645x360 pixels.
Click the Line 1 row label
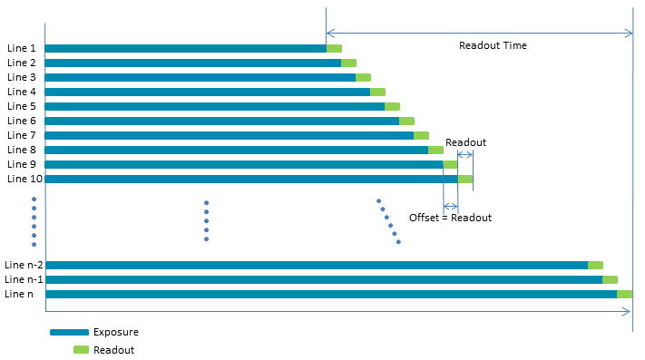tap(22, 48)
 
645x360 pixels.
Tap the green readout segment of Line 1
tap(334, 48)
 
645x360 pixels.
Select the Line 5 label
tap(22, 106)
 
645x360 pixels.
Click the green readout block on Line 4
tap(377, 92)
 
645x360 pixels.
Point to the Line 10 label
tap(24, 179)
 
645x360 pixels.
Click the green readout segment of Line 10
tap(465, 179)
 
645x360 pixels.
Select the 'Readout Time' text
tap(493, 45)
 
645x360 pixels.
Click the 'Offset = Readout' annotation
tap(450, 218)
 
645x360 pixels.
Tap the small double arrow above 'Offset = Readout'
tap(451, 207)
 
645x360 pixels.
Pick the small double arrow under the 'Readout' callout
tap(465, 154)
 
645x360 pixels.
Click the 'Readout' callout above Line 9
tap(465, 142)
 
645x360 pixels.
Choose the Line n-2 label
tap(24, 265)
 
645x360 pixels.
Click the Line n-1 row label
tap(24, 279)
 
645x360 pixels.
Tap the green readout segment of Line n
tap(624, 294)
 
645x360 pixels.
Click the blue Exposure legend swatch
tap(69, 332)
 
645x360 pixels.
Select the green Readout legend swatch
tap(81, 350)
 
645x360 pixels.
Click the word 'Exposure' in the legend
tap(116, 332)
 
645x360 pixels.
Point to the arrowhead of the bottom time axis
tap(630, 312)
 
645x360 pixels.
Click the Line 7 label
tap(22, 135)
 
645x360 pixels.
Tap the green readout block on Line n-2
tap(595, 266)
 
